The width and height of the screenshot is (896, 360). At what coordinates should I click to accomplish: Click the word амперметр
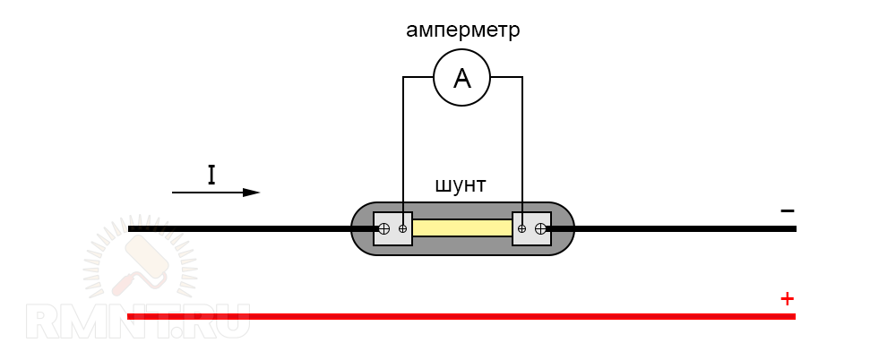[x=462, y=30]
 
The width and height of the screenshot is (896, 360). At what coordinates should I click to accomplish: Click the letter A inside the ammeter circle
[x=462, y=79]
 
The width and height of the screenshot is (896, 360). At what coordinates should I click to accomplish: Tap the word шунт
[x=460, y=185]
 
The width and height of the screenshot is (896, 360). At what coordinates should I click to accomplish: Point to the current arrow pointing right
[x=215, y=193]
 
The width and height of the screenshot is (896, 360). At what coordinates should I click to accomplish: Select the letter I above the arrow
[x=211, y=175]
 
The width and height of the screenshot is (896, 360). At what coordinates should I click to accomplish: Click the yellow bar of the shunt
[x=461, y=228]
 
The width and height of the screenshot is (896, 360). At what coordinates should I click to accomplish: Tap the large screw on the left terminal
[x=384, y=228]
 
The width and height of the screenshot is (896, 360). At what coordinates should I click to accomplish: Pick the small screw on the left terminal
[x=402, y=228]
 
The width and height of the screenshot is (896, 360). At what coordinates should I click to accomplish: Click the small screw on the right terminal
[x=522, y=228]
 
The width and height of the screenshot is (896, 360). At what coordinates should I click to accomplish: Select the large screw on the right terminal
[x=540, y=228]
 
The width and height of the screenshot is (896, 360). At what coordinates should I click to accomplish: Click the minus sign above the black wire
[x=787, y=210]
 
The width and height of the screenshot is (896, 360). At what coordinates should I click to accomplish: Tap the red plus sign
[x=787, y=297]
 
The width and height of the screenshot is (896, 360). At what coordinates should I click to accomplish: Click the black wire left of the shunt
[x=242, y=228]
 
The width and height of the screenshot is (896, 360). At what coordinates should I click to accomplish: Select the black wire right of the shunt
[x=681, y=228]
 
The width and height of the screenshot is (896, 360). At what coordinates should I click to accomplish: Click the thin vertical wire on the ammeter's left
[x=403, y=143]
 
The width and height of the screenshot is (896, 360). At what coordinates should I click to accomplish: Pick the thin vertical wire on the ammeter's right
[x=522, y=143]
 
